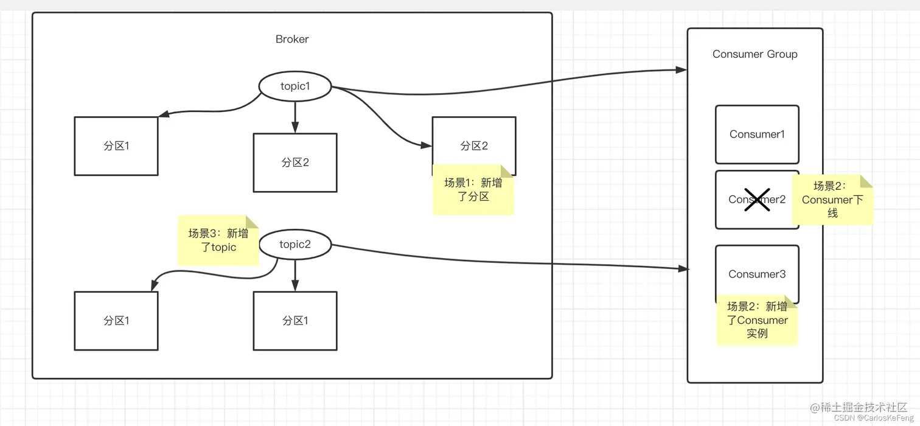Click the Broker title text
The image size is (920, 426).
292,39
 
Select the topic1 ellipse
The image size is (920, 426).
295,86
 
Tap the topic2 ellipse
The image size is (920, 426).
295,245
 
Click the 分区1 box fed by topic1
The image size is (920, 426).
116,146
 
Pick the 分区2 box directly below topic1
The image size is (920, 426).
295,162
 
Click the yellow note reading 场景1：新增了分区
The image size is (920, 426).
473,190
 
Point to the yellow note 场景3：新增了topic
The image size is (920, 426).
218,240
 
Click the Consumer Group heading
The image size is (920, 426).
754,54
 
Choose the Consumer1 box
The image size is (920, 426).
757,134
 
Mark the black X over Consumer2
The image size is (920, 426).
757,200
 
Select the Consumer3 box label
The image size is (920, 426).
757,274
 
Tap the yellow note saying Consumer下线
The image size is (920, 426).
832,200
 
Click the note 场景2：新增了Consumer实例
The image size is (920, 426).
757,321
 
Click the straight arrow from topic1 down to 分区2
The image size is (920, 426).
295,116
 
